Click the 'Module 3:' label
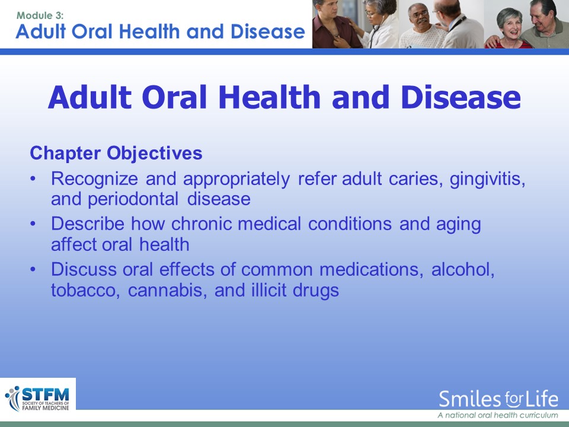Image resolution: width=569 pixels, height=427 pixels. click(40, 15)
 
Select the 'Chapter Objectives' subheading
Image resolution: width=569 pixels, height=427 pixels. click(116, 153)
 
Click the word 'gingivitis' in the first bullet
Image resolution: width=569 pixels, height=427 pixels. click(487, 179)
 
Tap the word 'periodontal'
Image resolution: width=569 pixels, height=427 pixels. click(133, 199)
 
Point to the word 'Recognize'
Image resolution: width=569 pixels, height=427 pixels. click(94, 179)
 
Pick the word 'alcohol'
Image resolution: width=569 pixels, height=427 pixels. click(463, 269)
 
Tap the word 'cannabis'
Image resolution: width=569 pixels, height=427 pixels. click(168, 291)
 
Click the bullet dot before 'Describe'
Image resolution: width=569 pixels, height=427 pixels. click(33, 224)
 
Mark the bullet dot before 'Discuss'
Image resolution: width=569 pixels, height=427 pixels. click(33, 269)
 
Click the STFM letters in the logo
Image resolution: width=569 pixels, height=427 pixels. click(46, 394)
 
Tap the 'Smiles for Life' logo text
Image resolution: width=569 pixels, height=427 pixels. click(498, 399)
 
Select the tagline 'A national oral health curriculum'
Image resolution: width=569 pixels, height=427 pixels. click(497, 415)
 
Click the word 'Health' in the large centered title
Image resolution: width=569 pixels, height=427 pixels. click(270, 97)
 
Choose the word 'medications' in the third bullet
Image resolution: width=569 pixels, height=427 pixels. click(371, 269)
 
